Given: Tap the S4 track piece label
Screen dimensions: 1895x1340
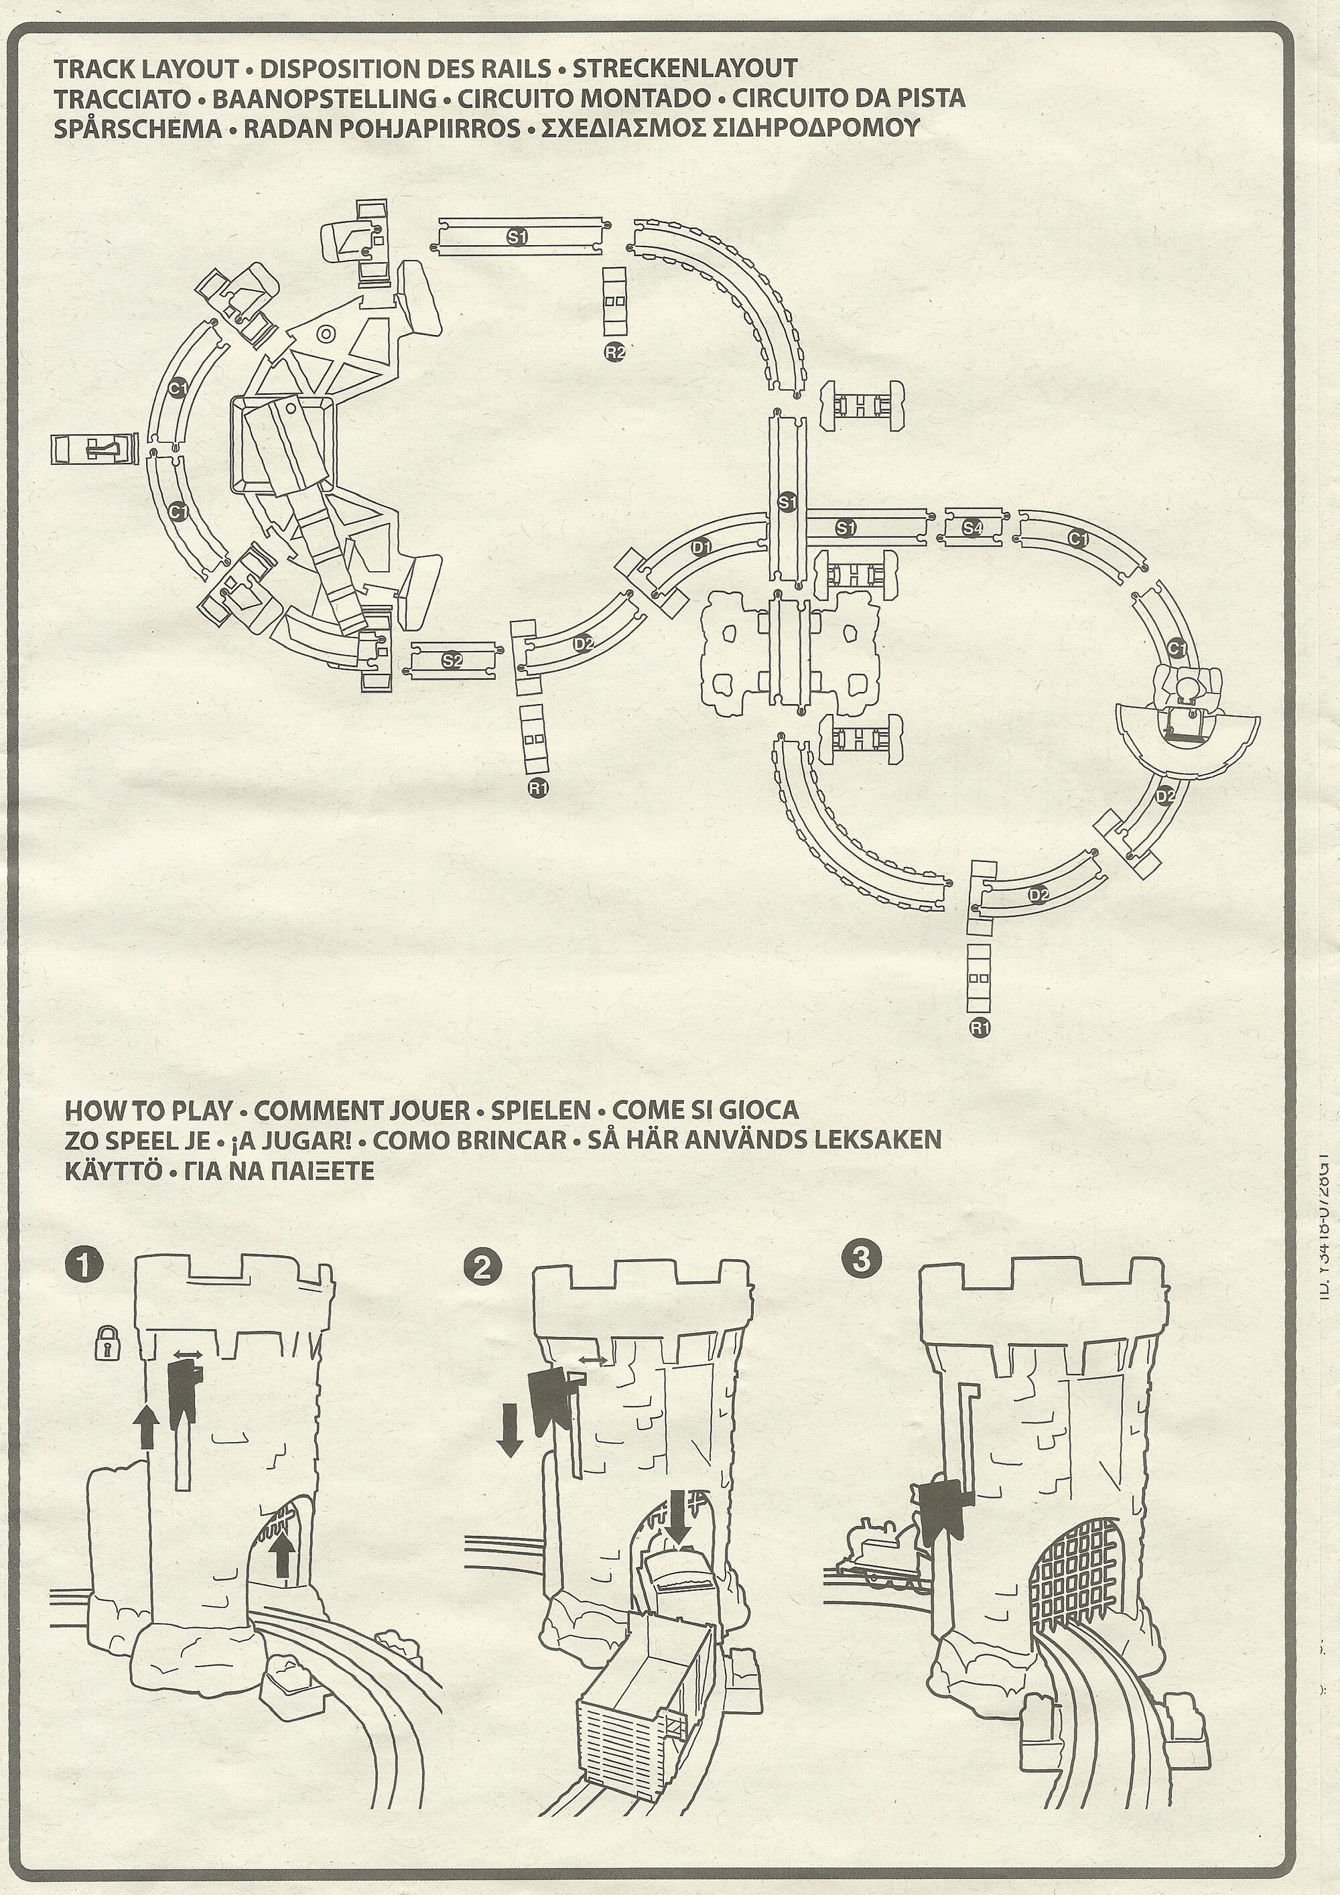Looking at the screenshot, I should [973, 527].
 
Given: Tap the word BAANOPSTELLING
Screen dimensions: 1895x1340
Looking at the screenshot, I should [324, 98].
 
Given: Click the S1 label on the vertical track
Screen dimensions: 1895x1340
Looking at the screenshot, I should [787, 502].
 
